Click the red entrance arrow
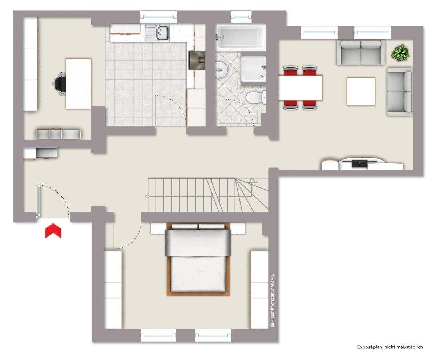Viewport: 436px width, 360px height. tap(53, 231)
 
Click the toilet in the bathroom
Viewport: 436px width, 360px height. tap(254, 98)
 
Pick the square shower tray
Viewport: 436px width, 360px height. tap(253, 69)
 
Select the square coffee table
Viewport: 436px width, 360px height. tap(360, 92)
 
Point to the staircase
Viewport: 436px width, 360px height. tap(207, 195)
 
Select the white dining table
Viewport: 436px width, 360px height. tap(300, 88)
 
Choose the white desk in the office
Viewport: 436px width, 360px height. tap(78, 84)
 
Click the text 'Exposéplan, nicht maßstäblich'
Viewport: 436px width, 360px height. tap(390, 347)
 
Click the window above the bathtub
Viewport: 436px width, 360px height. tap(241, 16)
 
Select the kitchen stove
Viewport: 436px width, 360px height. tap(198, 60)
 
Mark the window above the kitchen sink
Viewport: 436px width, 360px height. tap(158, 16)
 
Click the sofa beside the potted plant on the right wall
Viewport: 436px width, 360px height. tap(400, 92)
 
